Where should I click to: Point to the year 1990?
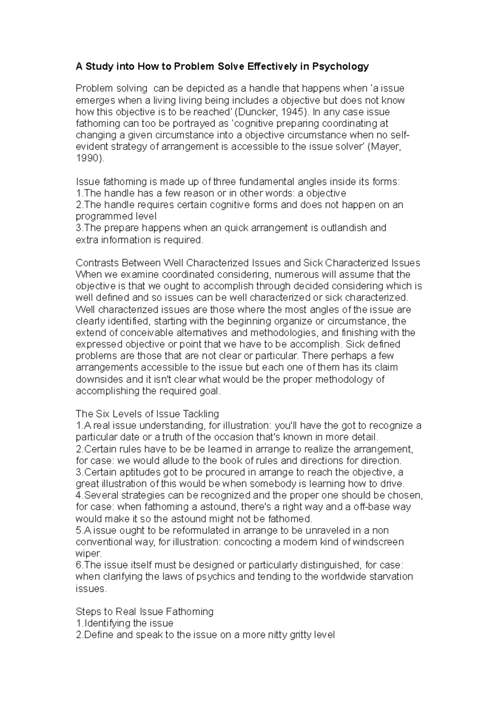coord(88,159)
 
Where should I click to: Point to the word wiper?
coord(87,554)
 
